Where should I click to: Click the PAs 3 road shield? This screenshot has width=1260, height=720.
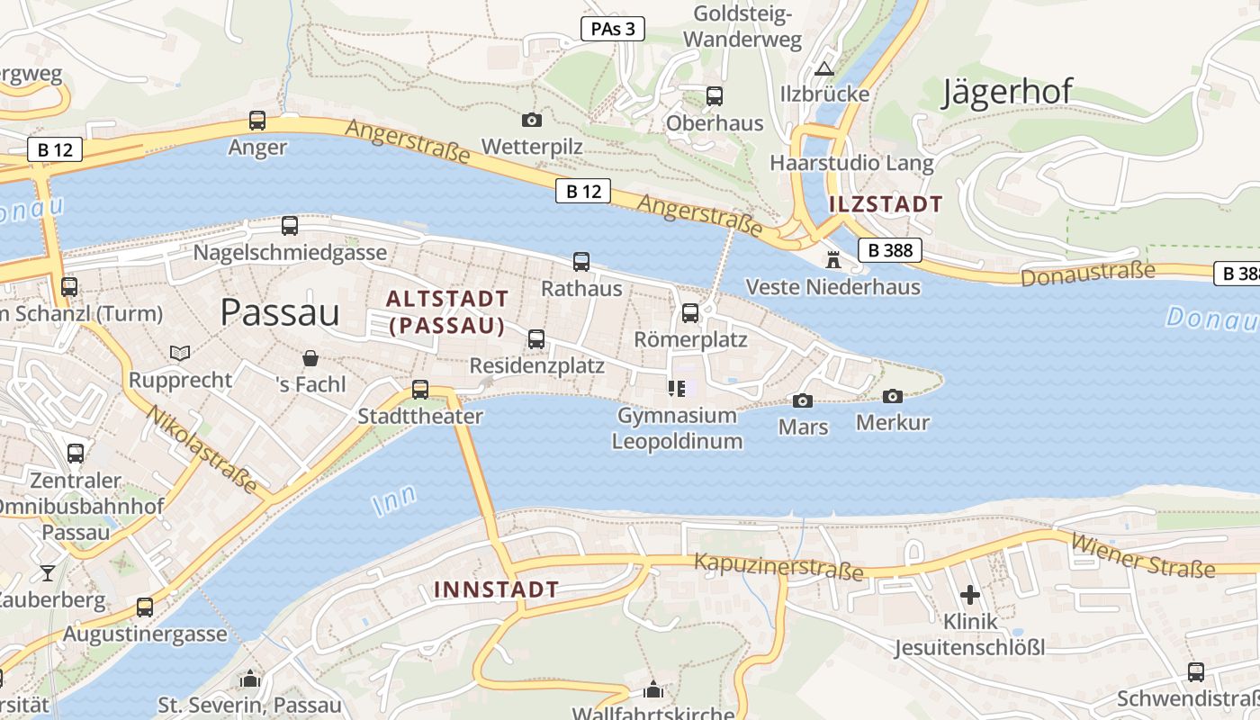click(613, 29)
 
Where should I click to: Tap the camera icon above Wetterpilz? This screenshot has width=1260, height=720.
click(532, 120)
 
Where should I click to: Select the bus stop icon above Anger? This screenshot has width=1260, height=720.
click(257, 120)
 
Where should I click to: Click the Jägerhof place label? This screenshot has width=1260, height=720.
click(1007, 92)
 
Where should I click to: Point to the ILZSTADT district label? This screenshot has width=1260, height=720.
click(885, 203)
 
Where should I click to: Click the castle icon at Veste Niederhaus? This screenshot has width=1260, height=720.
click(833, 260)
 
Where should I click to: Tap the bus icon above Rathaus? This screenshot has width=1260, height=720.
click(581, 262)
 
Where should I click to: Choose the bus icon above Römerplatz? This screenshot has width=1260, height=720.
click(690, 313)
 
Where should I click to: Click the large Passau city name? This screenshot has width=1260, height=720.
click(280, 312)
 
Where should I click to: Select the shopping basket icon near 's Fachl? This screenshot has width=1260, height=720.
click(310, 358)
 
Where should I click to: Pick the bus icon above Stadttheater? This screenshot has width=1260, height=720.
click(420, 390)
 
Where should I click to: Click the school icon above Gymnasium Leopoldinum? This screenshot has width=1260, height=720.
click(677, 389)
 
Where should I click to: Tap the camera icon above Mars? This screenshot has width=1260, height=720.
click(803, 400)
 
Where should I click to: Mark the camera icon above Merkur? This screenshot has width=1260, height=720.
click(893, 396)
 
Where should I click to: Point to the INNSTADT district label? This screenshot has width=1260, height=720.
click(496, 590)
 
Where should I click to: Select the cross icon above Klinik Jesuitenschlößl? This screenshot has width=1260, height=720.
click(970, 595)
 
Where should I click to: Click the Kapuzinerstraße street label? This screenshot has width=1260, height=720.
click(778, 566)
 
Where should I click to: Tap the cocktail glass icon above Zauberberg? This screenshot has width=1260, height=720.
click(47, 573)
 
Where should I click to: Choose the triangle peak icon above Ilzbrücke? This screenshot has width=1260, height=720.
click(824, 68)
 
